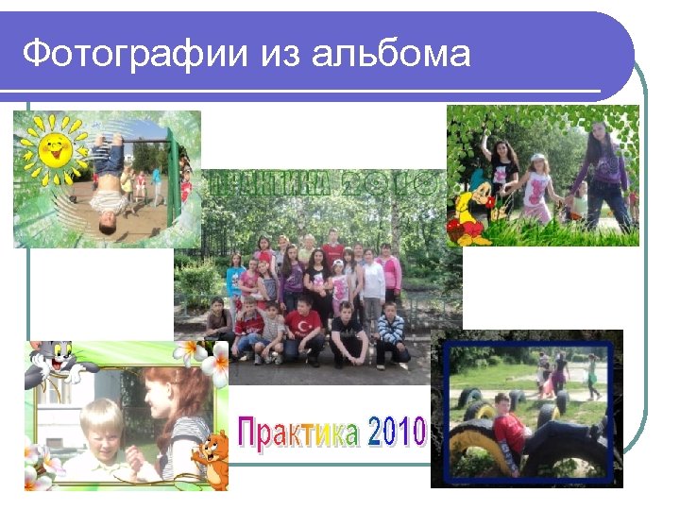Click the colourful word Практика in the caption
[x=298, y=433]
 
